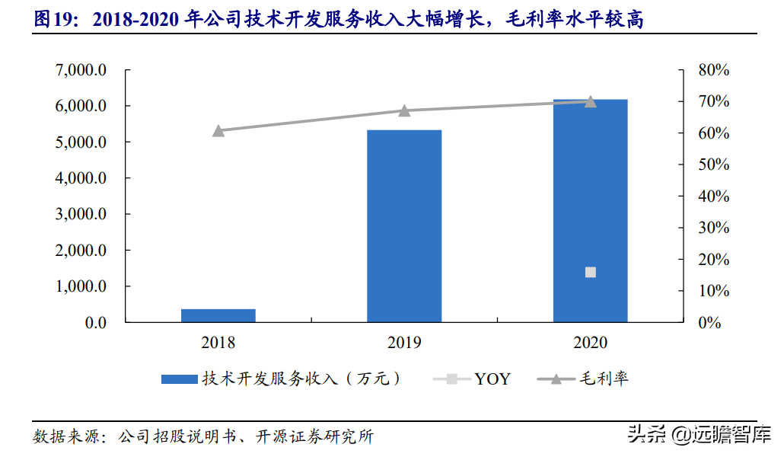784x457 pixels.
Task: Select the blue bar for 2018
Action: pyautogui.click(x=218, y=315)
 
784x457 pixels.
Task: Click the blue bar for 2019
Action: pyautogui.click(x=404, y=226)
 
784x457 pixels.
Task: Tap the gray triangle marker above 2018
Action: pyautogui.click(x=218, y=130)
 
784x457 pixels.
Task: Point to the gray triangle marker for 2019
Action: pyautogui.click(x=404, y=110)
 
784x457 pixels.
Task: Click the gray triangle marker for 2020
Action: pyautogui.click(x=591, y=101)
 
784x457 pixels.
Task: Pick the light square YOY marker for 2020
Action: pyautogui.click(x=591, y=273)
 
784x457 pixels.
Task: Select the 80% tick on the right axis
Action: pyautogui.click(x=713, y=70)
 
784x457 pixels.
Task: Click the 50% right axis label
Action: pyautogui.click(x=713, y=165)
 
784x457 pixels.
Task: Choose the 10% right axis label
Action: pyautogui.click(x=713, y=291)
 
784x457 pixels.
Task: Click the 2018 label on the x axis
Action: pyautogui.click(x=218, y=343)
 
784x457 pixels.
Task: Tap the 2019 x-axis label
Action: pyautogui.click(x=404, y=343)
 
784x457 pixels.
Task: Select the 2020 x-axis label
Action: pyautogui.click(x=591, y=343)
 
